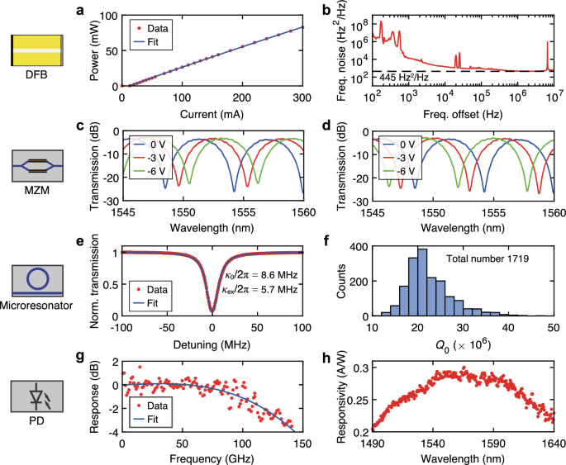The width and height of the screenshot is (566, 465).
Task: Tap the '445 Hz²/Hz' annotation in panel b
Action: click(403, 77)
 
